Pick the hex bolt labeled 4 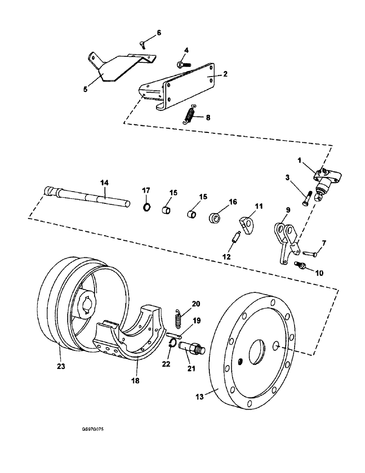pos(182,63)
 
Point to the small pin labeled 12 pos(235,236)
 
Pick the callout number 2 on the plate pos(225,74)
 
